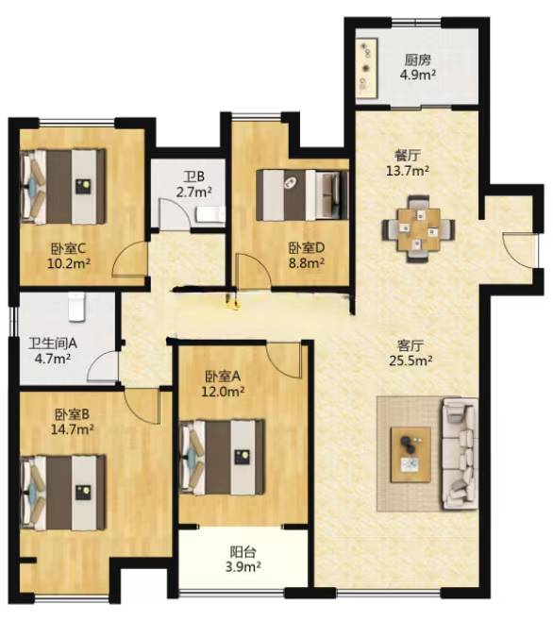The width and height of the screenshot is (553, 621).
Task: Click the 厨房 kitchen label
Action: [x=417, y=60]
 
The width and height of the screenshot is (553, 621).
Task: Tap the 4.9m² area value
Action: [x=418, y=75]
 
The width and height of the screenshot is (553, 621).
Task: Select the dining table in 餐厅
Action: [x=419, y=229]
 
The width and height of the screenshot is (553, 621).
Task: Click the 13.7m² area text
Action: [x=408, y=171]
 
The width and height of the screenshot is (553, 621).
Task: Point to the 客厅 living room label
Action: [x=410, y=345]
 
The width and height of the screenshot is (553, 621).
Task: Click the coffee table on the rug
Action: [x=411, y=455]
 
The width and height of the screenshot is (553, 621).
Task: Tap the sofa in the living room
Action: [x=460, y=454]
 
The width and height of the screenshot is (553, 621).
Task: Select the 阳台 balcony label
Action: [x=243, y=552]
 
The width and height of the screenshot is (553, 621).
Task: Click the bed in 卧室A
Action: [x=222, y=458]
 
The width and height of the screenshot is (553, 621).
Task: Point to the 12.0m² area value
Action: [x=223, y=392]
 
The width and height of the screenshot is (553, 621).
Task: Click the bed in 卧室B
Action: [x=63, y=493]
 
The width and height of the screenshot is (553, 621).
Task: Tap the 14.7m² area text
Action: [x=73, y=428]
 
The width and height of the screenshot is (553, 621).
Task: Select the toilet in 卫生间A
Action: [x=76, y=307]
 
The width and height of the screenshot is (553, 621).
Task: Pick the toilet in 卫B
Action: [x=210, y=214]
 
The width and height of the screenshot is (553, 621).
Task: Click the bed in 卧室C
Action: [x=63, y=186]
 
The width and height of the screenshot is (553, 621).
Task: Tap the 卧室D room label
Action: [x=306, y=248]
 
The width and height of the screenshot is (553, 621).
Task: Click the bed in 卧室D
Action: [x=302, y=194]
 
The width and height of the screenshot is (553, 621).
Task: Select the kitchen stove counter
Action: [x=367, y=68]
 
